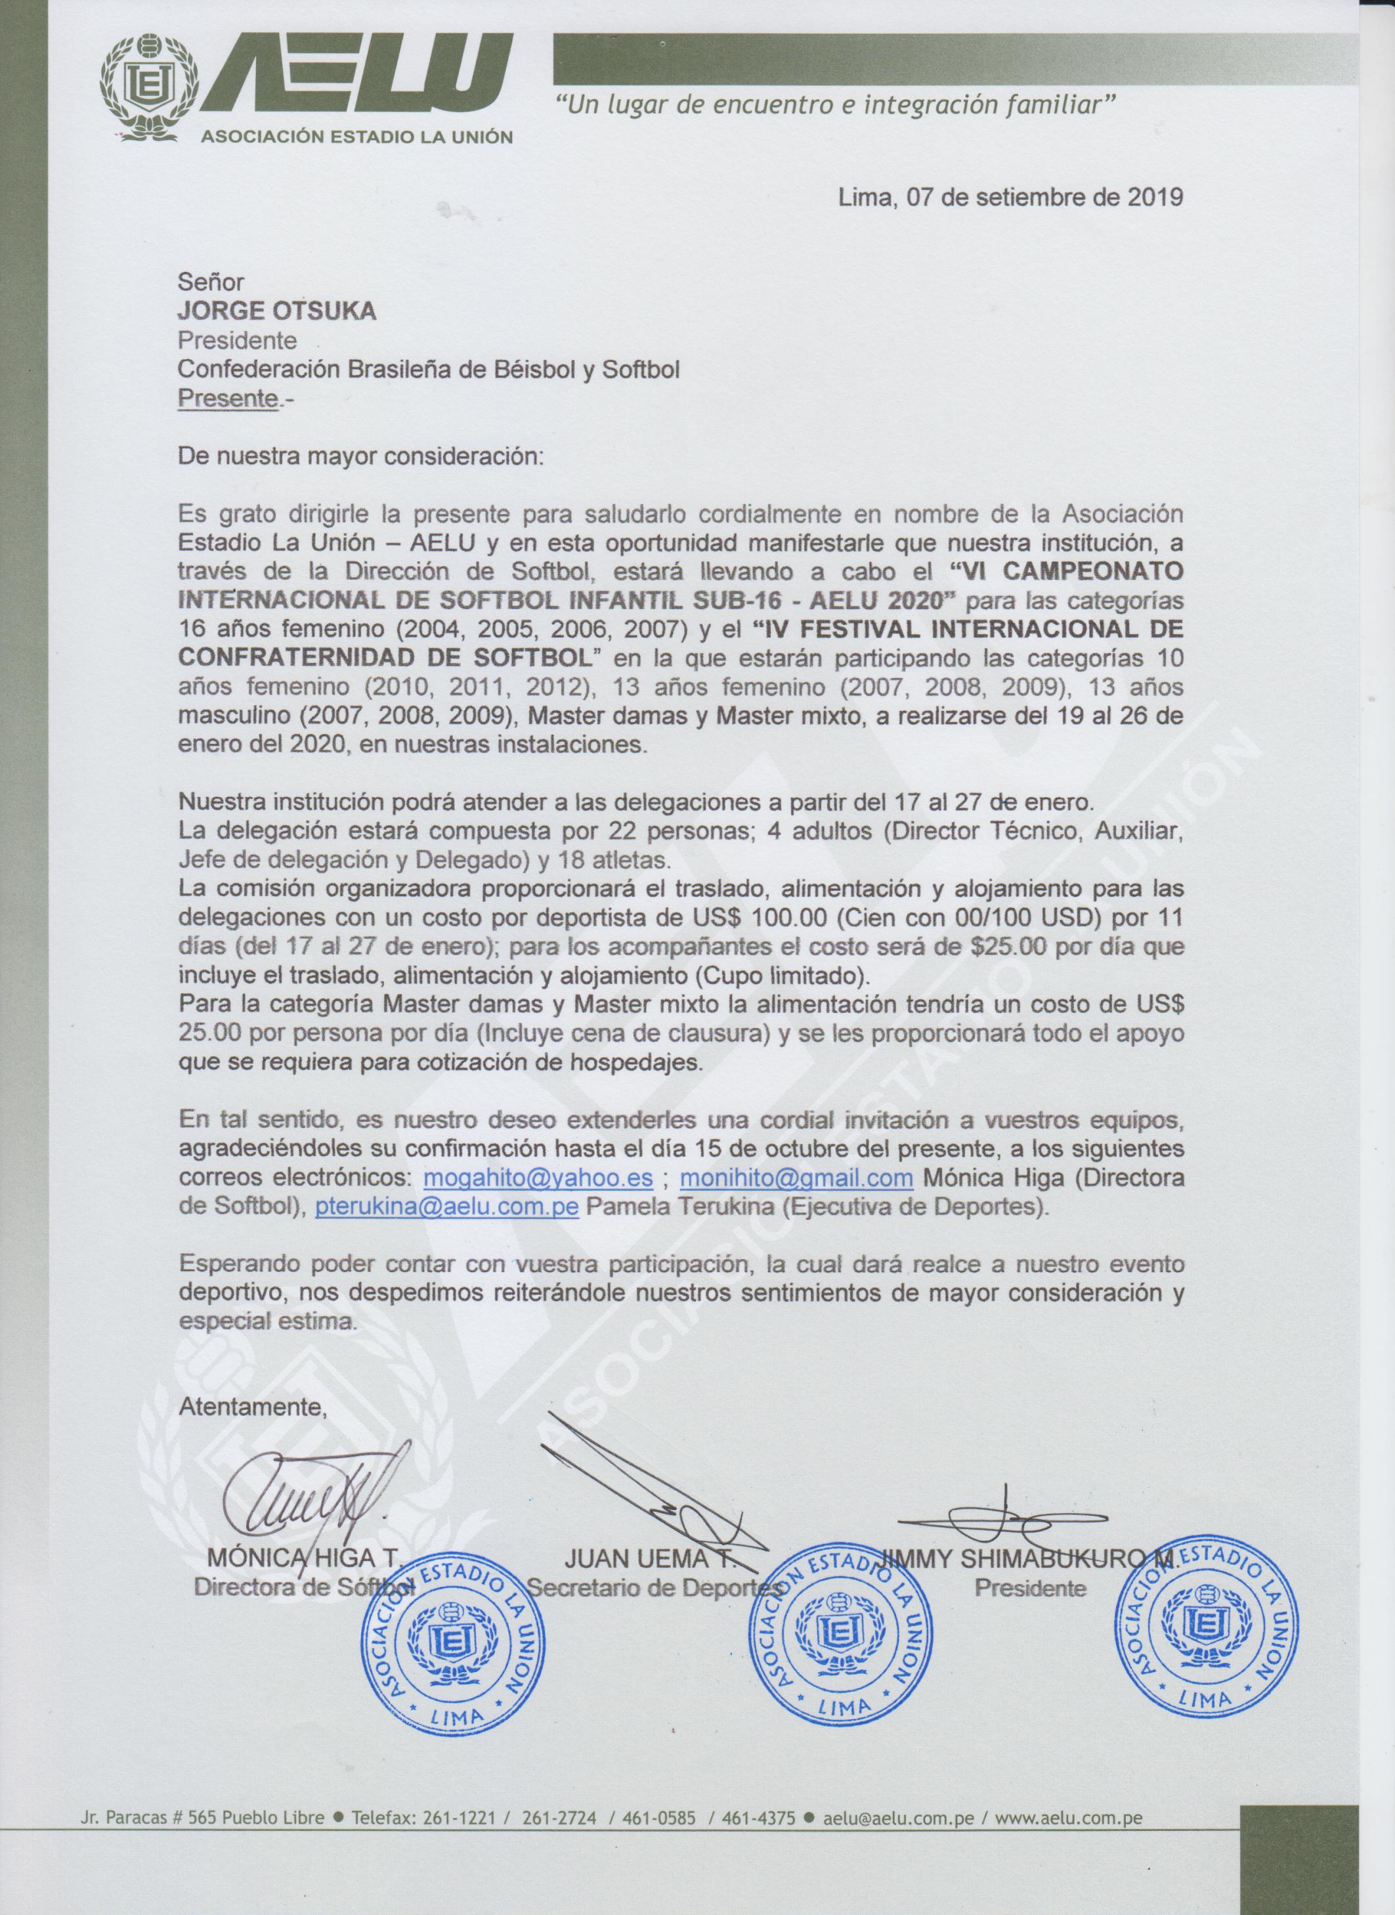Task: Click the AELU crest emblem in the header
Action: click(x=153, y=87)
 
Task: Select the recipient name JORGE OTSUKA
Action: click(x=276, y=312)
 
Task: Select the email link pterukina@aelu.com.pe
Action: click(x=446, y=1207)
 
